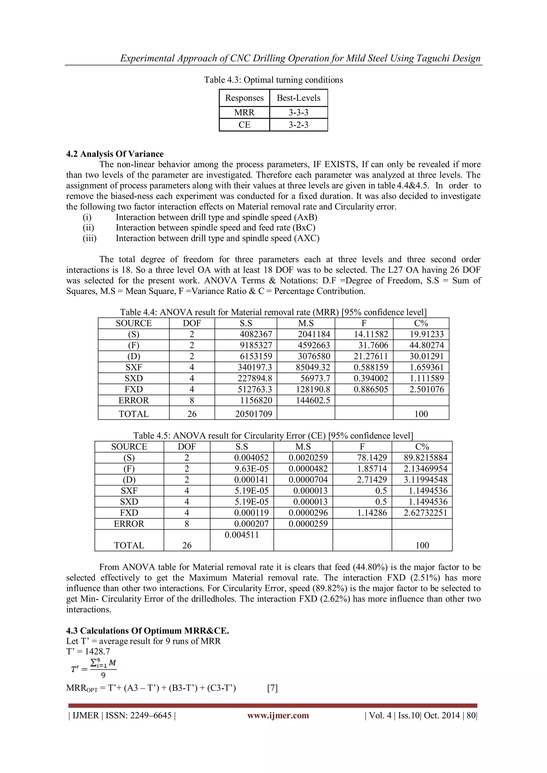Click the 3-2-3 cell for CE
298,125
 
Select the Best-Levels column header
298,98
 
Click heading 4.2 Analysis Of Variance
115,154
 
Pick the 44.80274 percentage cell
427,345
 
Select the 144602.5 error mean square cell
313,400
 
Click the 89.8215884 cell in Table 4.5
425,458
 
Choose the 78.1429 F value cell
372,458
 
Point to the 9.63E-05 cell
251,469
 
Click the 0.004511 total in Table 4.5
241,535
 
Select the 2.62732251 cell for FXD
425,513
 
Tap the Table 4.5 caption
273,436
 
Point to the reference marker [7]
272,688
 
